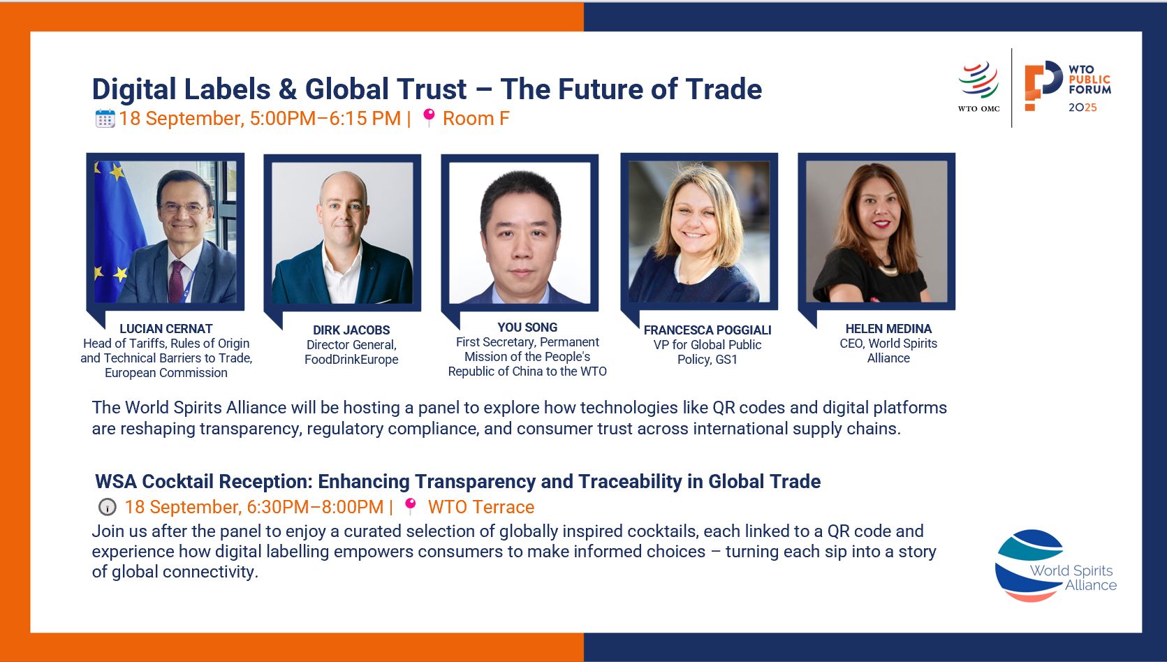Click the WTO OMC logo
(x=979, y=86)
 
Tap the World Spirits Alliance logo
(x=1055, y=566)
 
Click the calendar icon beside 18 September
(x=105, y=118)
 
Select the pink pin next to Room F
(x=429, y=117)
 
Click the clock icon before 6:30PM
(x=108, y=507)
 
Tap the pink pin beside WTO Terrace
(x=411, y=506)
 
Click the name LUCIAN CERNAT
(x=166, y=329)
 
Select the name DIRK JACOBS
(x=351, y=330)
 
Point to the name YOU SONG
(x=527, y=327)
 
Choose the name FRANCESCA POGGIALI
(x=707, y=330)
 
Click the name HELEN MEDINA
(x=888, y=329)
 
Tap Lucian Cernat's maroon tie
(x=176, y=281)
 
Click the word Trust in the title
(x=432, y=89)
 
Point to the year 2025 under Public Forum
(x=1082, y=108)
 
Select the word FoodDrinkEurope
(x=351, y=360)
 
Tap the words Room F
(x=476, y=118)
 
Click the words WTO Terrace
(x=481, y=507)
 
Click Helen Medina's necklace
(x=887, y=270)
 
